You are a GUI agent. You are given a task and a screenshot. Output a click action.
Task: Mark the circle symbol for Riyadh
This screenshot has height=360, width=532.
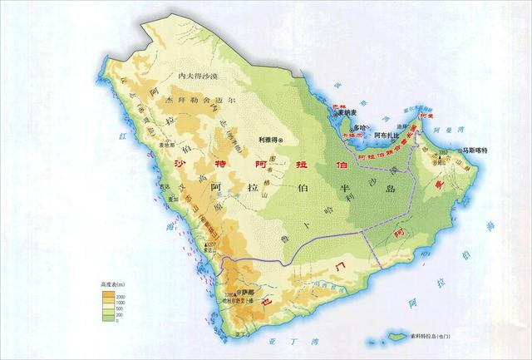click(281, 140)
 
